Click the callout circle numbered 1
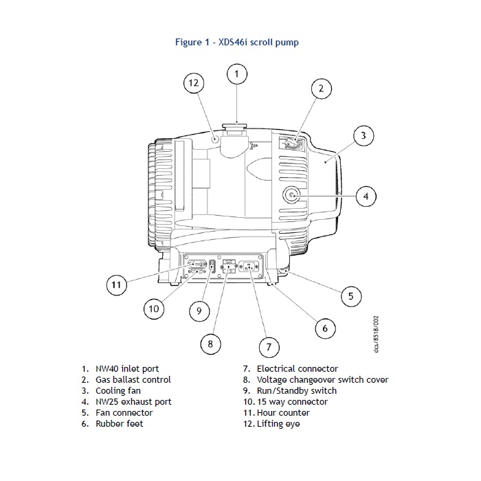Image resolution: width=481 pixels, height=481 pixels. coord(236,74)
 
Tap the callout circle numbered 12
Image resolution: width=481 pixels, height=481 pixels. coord(194,83)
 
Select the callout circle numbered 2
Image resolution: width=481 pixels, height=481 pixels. coord(320,89)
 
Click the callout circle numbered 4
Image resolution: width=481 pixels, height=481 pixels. coord(366,197)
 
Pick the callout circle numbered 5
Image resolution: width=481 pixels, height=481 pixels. coord(350,296)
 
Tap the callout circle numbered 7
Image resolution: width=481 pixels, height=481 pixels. coord(269,346)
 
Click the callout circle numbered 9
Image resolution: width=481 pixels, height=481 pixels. coord(199,311)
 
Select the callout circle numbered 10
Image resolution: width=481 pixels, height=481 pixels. coord(154,309)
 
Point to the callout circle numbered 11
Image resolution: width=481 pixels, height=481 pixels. coord(117,284)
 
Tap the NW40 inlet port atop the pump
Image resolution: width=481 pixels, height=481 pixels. coord(236,128)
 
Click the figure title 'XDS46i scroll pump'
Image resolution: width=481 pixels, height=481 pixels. coord(236,43)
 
